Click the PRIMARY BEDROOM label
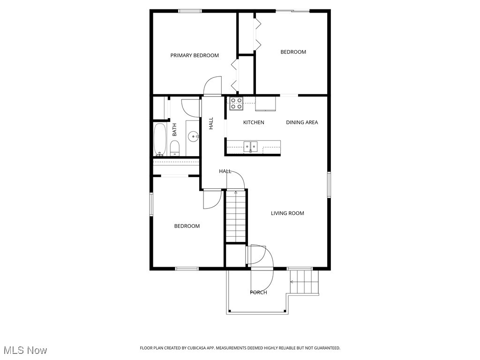coord(195,55)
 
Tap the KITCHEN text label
coord(254,122)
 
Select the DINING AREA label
coord(302,122)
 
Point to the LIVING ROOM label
coord(287,213)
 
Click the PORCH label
coord(258,292)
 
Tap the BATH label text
coord(174,129)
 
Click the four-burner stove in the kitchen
coord(236,104)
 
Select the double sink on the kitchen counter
coord(251,146)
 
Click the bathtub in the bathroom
coord(159,139)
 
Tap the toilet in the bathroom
coord(174,148)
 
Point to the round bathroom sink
coord(193,136)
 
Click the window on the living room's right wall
coord(329,185)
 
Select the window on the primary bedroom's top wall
coord(190,11)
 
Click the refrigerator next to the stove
coord(265,104)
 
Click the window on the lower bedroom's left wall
coord(151,204)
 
